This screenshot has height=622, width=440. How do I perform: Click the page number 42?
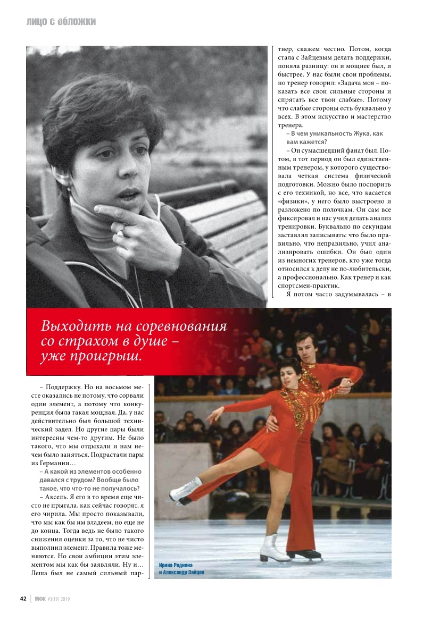tap(23, 598)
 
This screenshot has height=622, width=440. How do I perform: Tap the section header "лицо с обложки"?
tap(61, 22)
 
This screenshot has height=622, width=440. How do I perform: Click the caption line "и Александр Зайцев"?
tap(181, 573)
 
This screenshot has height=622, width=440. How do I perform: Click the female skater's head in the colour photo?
tap(286, 372)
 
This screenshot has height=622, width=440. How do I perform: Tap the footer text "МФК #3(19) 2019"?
tap(52, 598)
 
